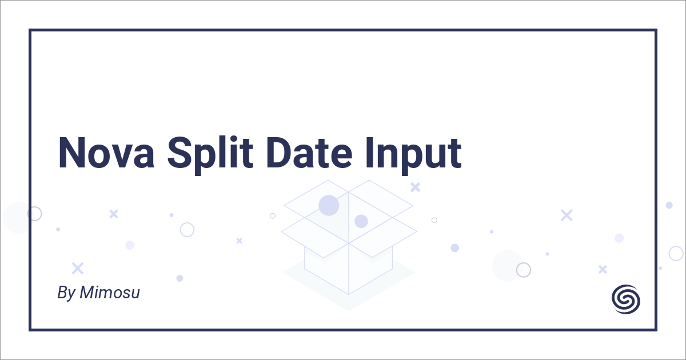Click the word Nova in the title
point(106,153)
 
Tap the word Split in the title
point(210,155)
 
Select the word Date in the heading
point(309,153)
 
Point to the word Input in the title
point(413,156)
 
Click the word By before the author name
point(66,293)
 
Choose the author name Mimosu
point(110,293)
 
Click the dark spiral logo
point(625,299)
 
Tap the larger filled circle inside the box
point(329,205)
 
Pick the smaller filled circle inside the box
point(361,221)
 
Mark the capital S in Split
point(181,153)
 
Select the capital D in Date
point(279,153)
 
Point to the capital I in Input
point(370,153)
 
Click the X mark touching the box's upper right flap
point(415,187)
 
